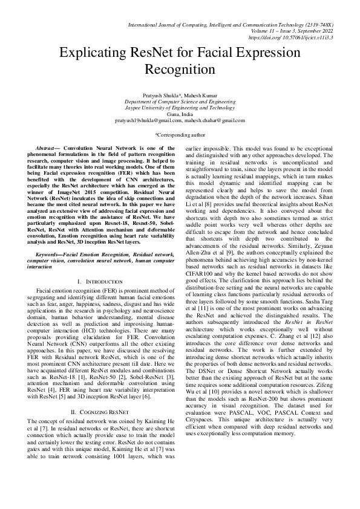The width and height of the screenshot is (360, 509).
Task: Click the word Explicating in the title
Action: pos(100,53)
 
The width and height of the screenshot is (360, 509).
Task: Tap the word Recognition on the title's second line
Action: pos(180,69)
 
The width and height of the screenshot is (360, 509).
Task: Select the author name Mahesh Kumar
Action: pos(203,96)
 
